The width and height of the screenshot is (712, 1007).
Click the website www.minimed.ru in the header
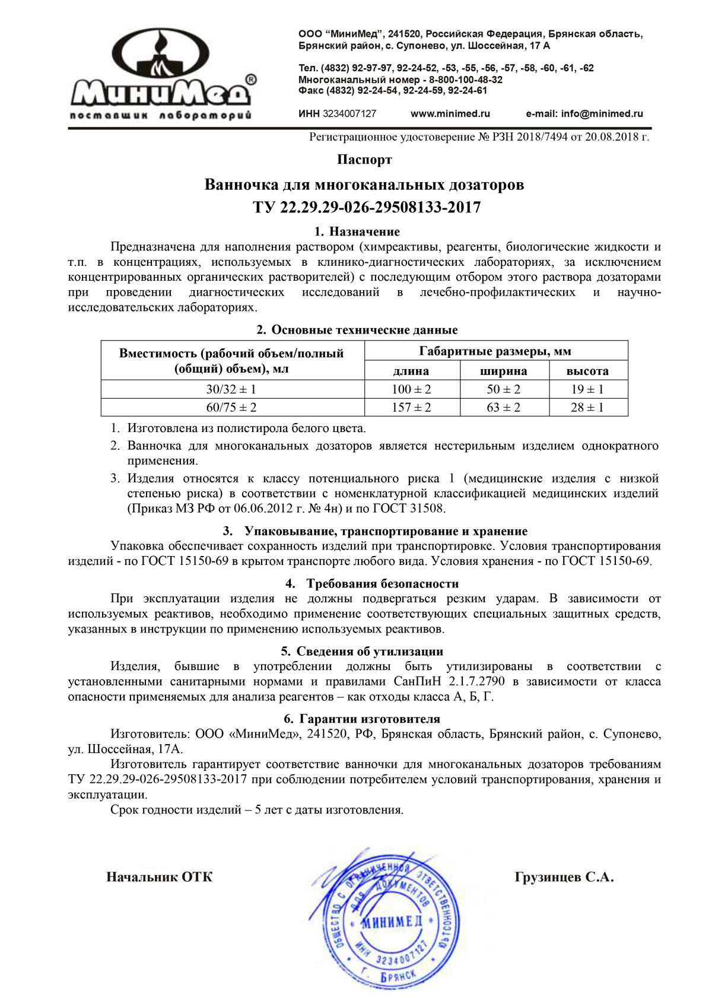[450, 114]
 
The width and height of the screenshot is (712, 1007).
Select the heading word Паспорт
[364, 160]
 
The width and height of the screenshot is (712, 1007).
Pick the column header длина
[411, 371]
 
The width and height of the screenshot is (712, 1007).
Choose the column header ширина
[503, 371]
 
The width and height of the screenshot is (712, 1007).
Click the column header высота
[587, 371]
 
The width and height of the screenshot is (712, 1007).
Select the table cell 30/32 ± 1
[231, 390]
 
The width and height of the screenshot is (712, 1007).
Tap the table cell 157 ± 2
[411, 408]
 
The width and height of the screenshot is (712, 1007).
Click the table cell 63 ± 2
[503, 408]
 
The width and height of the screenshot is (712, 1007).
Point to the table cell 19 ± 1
[587, 390]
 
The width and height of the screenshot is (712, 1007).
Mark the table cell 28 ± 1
[587, 408]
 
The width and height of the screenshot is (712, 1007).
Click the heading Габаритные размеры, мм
[495, 351]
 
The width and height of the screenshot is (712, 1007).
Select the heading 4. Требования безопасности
[372, 583]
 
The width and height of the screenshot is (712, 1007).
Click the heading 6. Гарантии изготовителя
[362, 719]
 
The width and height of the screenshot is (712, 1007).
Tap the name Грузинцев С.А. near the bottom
[564, 877]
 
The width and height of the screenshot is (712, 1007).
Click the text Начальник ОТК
[159, 877]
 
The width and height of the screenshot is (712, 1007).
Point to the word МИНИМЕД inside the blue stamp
[392, 922]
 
